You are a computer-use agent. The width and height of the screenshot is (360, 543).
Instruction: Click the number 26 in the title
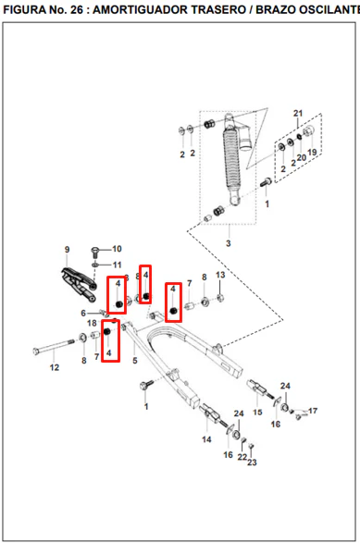click(77, 9)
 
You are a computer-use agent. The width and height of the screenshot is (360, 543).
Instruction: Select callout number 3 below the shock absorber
click(228, 243)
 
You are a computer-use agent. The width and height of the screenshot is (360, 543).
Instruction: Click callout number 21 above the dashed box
click(298, 113)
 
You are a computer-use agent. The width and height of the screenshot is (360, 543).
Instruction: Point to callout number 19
click(312, 153)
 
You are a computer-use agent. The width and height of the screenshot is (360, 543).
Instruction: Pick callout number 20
click(302, 157)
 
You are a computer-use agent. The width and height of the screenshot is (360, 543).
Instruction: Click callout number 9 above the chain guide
click(67, 250)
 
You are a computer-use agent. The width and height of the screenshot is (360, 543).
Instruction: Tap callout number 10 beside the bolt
click(117, 249)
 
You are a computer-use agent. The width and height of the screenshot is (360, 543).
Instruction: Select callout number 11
click(118, 265)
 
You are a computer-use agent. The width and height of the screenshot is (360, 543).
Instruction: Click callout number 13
click(220, 275)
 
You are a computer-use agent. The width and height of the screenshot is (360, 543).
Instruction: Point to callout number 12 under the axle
click(55, 367)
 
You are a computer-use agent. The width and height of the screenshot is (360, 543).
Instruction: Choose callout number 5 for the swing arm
click(135, 361)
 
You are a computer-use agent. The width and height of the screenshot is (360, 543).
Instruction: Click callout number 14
click(206, 439)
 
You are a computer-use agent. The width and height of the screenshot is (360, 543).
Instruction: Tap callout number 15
click(257, 412)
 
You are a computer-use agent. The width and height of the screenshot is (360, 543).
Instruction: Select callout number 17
click(313, 411)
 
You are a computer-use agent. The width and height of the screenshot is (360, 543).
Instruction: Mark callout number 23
click(252, 463)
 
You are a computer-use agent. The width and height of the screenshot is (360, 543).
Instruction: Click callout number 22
click(242, 457)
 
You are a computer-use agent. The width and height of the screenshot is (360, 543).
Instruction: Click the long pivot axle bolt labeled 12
click(55, 347)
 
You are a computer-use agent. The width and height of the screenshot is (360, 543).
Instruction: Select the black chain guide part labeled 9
click(78, 284)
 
